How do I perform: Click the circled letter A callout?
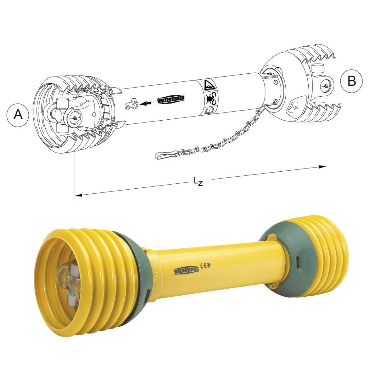click(18, 115)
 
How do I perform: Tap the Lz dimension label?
click(198, 181)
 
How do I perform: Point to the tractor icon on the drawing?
click(131, 104)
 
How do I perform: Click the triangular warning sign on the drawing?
click(209, 85)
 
